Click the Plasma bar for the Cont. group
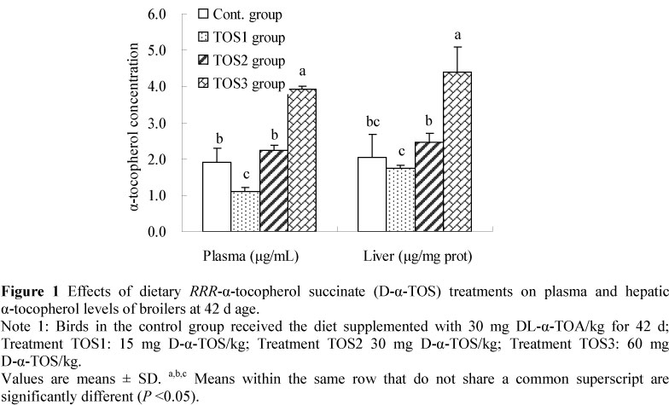point(217,197)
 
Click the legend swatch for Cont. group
point(203,14)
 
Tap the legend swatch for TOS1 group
point(203,38)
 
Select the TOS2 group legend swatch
point(203,61)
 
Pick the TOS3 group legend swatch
point(203,84)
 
